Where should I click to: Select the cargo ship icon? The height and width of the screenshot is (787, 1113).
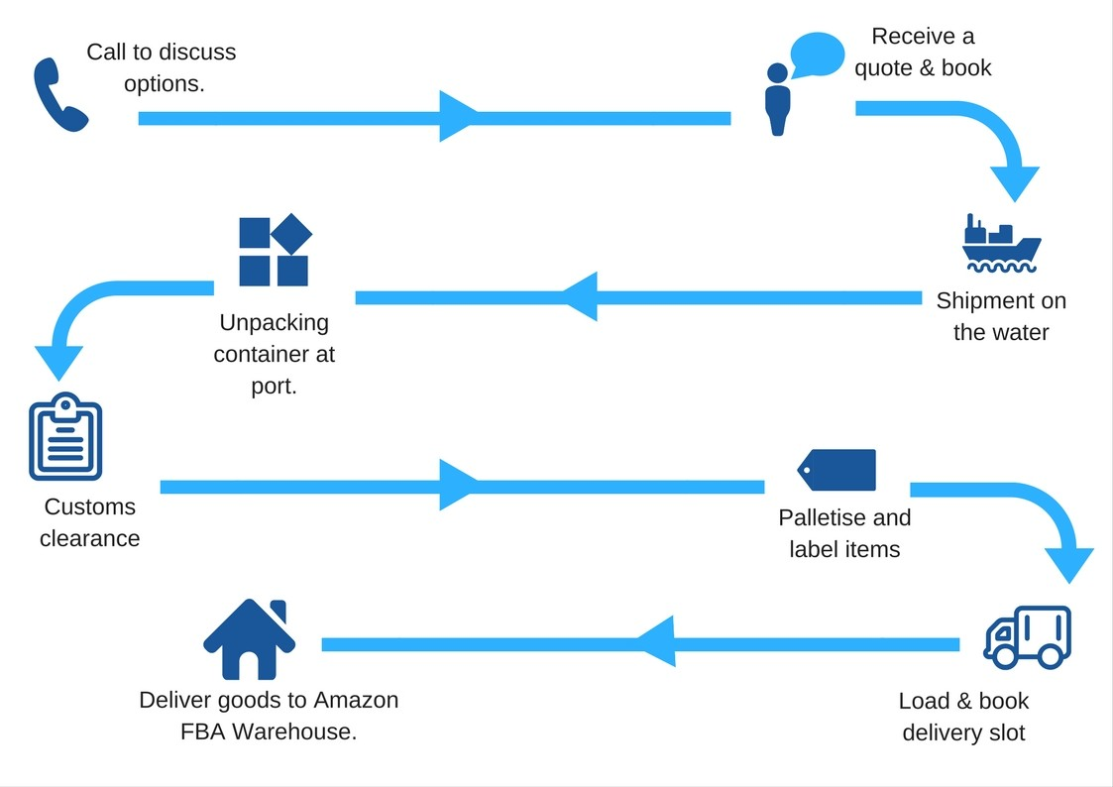tap(1001, 244)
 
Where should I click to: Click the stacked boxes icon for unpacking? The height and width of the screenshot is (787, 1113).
tap(276, 250)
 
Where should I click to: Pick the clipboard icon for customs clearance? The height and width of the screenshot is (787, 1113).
tap(65, 436)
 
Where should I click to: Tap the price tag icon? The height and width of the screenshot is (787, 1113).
tap(836, 470)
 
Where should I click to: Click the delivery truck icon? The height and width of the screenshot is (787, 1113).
tap(1027, 637)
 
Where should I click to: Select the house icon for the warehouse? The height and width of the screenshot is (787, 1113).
tap(249, 639)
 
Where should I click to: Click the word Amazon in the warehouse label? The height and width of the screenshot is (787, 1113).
tap(356, 700)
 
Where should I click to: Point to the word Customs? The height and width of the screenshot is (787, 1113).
tap(89, 506)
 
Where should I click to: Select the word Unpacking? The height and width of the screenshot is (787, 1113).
tap(274, 323)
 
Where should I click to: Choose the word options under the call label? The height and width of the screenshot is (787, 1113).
tap(164, 84)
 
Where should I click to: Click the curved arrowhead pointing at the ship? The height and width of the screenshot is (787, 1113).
tap(1015, 183)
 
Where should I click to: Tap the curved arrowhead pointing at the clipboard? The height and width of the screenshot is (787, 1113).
tap(58, 363)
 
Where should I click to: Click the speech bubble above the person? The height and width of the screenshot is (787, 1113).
tap(817, 54)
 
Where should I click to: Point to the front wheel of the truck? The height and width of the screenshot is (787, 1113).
tap(1004, 656)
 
